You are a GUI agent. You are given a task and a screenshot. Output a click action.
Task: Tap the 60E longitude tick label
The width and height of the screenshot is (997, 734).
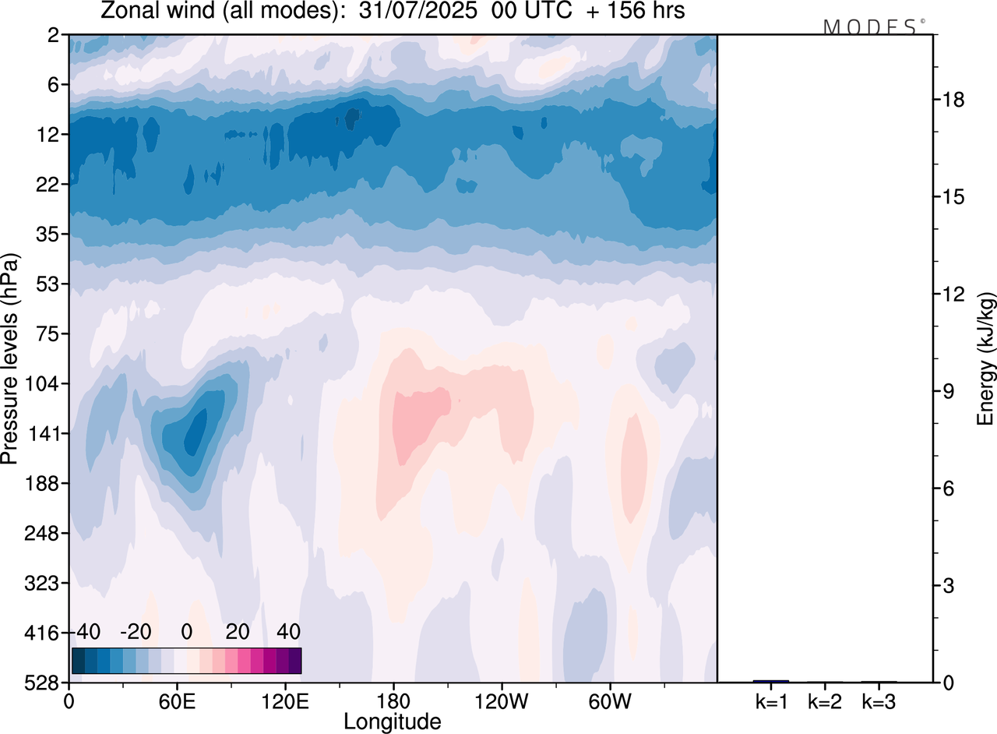click(176, 700)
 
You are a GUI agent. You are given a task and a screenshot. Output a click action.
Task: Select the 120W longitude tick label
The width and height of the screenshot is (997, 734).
click(500, 700)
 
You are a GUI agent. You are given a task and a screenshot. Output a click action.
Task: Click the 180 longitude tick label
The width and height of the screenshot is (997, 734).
click(393, 700)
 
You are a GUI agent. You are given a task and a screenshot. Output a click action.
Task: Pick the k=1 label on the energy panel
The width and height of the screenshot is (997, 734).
click(770, 702)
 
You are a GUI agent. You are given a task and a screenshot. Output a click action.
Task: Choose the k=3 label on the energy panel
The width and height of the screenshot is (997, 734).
click(878, 702)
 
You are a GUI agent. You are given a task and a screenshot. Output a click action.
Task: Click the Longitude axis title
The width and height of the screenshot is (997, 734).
click(392, 722)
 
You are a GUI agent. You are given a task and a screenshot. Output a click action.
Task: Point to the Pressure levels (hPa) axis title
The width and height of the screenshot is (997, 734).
click(10, 359)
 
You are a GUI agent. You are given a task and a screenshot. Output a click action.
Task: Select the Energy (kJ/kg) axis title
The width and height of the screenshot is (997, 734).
click(987, 359)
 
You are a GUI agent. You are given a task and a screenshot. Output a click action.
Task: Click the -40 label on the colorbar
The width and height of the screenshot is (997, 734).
click(87, 630)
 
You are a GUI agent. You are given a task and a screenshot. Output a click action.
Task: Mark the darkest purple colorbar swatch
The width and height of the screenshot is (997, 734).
click(294, 661)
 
